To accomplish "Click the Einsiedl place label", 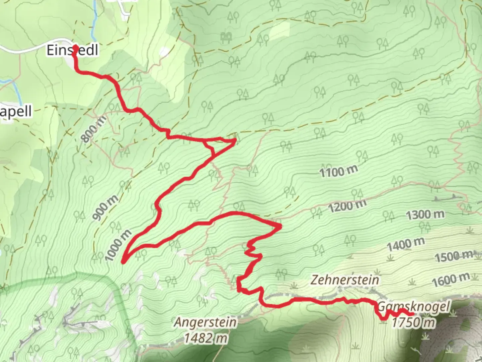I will click(x=72, y=50).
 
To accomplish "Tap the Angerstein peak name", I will click(x=205, y=322).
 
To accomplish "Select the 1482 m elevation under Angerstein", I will click(x=205, y=338).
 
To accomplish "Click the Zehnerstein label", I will click(x=345, y=280).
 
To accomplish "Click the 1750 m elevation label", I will click(x=414, y=322).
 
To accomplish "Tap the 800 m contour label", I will click(x=94, y=129).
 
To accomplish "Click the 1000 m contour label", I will click(x=118, y=246).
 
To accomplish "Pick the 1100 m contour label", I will click(x=338, y=171).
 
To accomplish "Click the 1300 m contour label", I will click(x=425, y=215).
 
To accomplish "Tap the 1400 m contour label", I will click(x=406, y=244).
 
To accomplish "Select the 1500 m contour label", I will click(x=454, y=256).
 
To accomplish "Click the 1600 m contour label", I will click(x=451, y=280).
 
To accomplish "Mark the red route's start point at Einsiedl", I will click(x=75, y=48).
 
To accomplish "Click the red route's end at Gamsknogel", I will click(x=412, y=314).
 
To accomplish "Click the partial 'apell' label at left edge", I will click(x=16, y=111).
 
